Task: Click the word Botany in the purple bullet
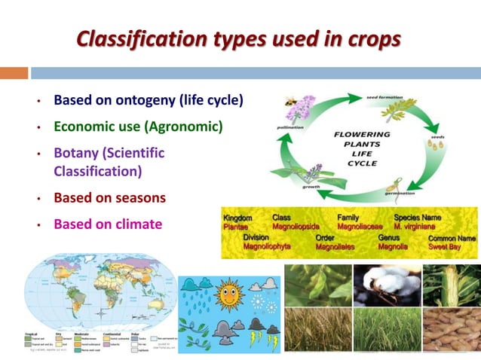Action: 76,152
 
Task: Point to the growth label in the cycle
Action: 311,186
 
